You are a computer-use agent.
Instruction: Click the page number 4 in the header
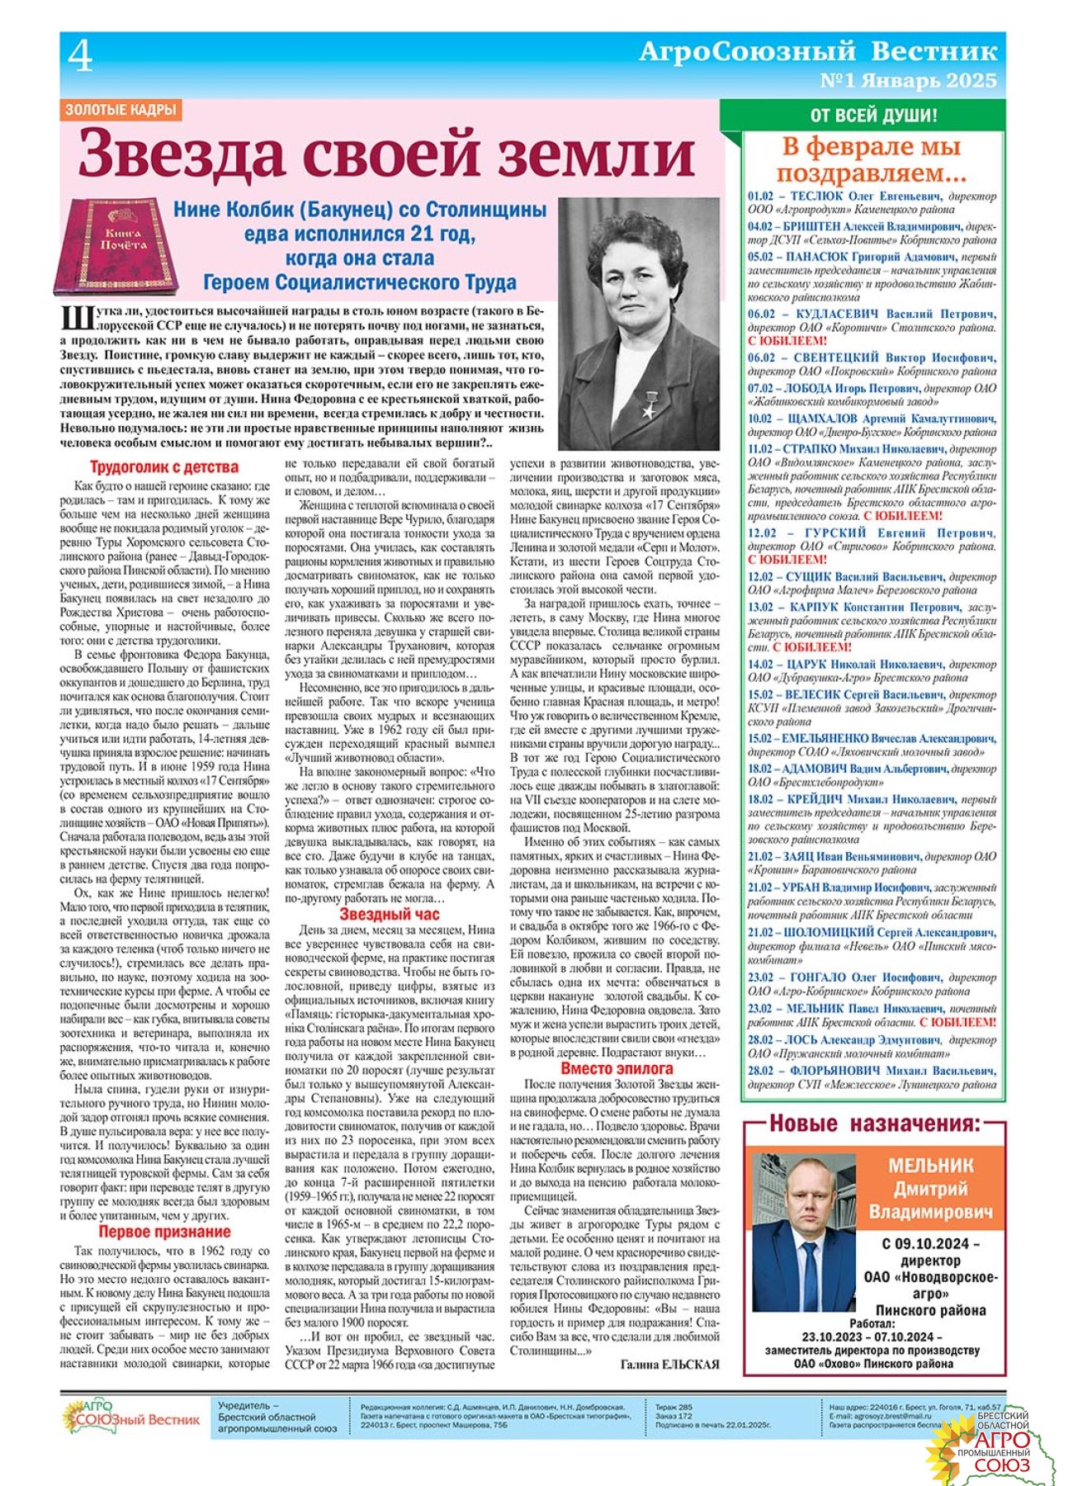80,57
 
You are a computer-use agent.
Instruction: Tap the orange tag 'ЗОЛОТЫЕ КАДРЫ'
121,109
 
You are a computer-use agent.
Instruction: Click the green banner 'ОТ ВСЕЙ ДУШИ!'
873,116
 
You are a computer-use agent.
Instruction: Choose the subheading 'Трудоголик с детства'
164,467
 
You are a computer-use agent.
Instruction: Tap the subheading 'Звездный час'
390,914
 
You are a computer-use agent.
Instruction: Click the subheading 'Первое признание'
164,1233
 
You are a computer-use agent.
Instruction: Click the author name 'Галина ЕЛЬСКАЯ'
669,1365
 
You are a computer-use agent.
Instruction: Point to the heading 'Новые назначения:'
875,1124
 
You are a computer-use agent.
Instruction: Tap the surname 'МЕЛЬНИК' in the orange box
931,1166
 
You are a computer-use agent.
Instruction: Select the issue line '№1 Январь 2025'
908,81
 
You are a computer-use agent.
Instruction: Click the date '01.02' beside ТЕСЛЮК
760,196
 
